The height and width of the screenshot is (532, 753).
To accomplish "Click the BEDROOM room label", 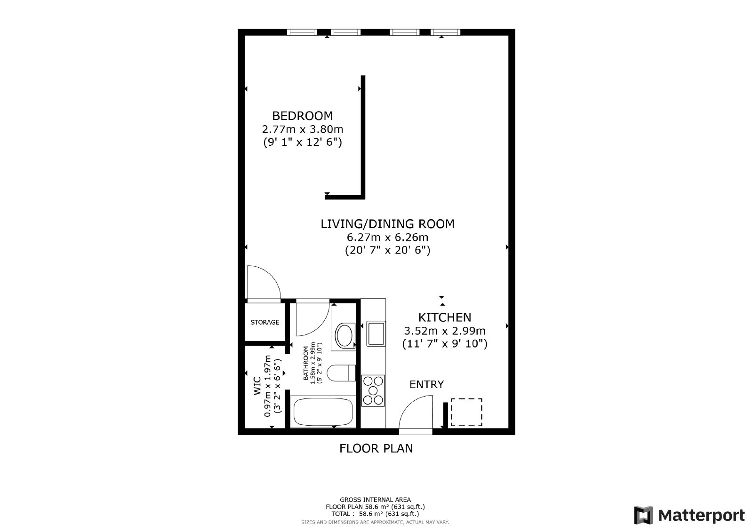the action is [302, 116].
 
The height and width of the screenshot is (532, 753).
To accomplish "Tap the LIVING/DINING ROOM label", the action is [387, 224].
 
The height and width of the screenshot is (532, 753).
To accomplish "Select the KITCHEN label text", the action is [444, 317].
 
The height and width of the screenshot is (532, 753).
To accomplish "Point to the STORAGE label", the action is [265, 322].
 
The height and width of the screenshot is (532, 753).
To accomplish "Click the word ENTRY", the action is [426, 384].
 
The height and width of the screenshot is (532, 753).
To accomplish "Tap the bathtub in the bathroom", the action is [323, 412].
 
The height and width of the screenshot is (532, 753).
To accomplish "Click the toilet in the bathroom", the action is [341, 373].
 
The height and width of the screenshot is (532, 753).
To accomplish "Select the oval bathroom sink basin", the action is [344, 335].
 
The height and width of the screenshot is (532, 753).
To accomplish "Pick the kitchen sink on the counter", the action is [376, 333].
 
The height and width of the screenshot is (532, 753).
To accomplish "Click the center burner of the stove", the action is [373, 390].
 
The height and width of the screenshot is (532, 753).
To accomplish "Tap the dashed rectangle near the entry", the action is [466, 413].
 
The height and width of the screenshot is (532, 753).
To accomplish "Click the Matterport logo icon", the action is [643, 515].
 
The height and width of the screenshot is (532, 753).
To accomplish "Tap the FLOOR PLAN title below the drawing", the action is [376, 448].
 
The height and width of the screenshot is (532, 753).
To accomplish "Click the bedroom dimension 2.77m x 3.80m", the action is [302, 129].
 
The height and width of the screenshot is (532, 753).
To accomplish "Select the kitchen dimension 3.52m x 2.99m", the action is [444, 331].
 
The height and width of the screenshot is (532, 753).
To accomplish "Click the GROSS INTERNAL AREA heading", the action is [375, 500].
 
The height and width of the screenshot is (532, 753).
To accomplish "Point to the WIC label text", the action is [257, 386].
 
